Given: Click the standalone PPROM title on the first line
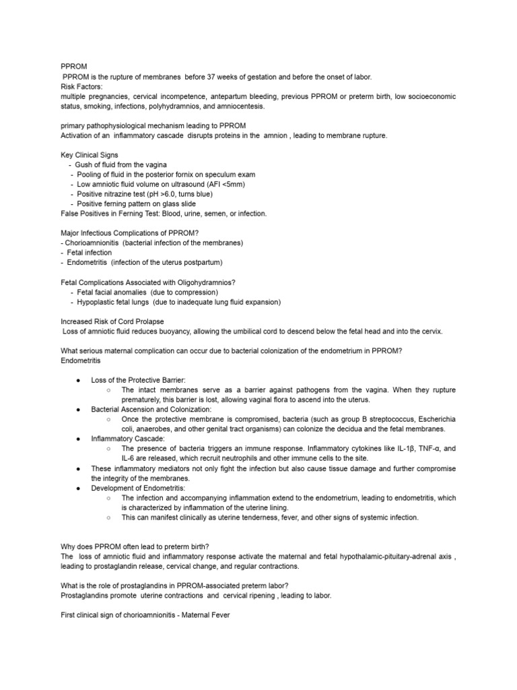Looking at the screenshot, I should point(71,67).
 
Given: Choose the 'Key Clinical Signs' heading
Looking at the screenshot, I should point(89,155).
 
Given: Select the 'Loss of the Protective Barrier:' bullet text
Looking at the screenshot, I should point(139,380).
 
